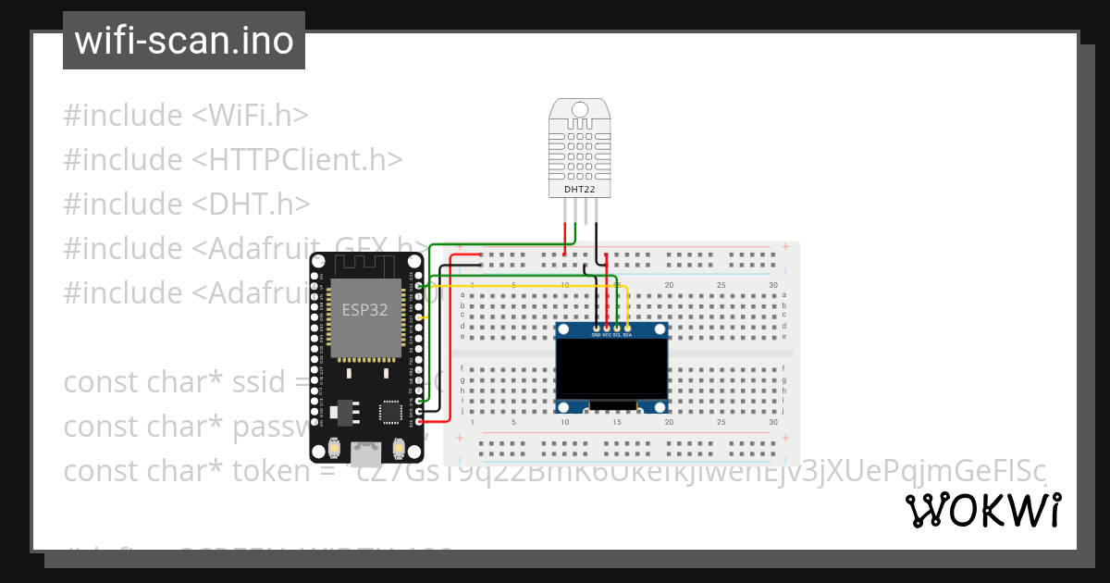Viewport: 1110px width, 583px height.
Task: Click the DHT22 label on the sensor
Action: click(580, 190)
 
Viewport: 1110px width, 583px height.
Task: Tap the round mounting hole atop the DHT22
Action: click(580, 110)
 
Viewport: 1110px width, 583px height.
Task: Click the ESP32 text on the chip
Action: click(364, 309)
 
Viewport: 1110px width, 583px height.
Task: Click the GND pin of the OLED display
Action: click(597, 329)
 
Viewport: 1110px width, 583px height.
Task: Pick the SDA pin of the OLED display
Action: click(628, 329)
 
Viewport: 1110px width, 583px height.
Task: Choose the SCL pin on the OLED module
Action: click(617, 329)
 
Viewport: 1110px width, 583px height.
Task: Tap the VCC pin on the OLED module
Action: click(607, 329)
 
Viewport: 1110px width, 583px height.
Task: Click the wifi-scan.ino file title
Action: click(184, 41)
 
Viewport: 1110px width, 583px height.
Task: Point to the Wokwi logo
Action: click(982, 511)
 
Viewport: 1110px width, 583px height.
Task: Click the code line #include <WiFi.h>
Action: click(186, 116)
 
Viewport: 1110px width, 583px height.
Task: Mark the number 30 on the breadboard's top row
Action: click(773, 285)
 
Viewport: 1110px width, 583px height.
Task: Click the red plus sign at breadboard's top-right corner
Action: click(785, 247)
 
